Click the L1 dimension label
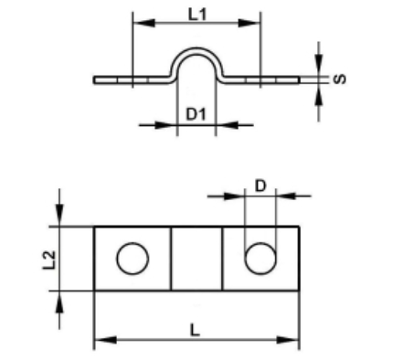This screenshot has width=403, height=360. point(197,15)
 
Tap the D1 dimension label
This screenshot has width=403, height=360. point(196,114)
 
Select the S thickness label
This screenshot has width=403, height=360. point(340,79)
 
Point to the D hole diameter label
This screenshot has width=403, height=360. point(260,185)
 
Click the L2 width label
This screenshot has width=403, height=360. point(49,259)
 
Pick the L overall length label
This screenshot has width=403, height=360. point(195,330)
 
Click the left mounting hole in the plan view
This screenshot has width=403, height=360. point(133,259)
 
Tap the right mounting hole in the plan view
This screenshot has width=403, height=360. point(260,259)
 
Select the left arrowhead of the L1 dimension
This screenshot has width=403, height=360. point(144,23)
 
